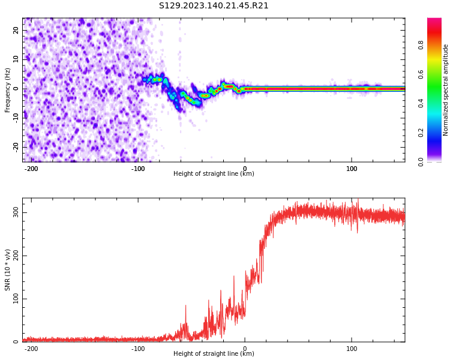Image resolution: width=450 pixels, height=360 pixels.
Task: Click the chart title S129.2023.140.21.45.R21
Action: point(214,6)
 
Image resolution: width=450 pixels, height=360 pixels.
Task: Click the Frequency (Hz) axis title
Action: point(8,90)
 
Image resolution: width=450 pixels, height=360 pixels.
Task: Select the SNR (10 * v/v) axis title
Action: point(8,270)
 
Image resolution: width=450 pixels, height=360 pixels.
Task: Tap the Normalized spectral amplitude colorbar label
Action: point(446,90)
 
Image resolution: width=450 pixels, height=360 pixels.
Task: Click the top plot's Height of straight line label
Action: point(214,174)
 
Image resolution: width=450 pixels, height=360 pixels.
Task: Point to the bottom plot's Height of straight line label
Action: point(214,354)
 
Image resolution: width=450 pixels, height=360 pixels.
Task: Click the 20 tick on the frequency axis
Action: point(16,30)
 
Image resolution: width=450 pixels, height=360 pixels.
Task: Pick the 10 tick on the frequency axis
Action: point(16,59)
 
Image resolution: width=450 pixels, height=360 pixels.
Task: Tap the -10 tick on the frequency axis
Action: point(14,118)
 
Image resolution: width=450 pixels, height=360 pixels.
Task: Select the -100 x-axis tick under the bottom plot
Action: point(137,348)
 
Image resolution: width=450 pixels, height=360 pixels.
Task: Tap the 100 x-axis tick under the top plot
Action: point(352,168)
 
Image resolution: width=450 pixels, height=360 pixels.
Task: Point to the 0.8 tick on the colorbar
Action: point(421,45)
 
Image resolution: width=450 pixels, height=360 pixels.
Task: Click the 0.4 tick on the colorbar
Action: point(421,103)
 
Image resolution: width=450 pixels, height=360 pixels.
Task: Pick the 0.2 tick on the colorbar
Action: point(421,133)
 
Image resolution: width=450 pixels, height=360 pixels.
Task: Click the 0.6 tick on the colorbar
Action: point(421,74)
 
